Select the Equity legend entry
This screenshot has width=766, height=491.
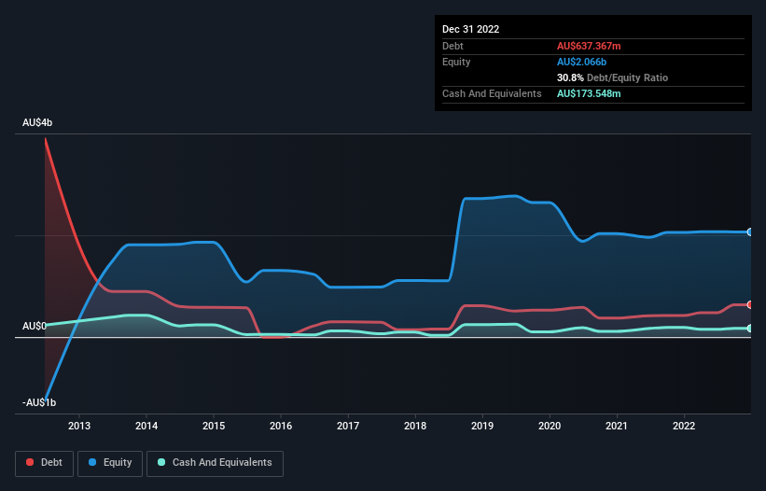point(109,463)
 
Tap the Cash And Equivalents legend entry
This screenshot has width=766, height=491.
point(215,463)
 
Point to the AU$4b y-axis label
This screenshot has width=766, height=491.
point(37,123)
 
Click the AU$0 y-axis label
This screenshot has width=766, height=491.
point(35,326)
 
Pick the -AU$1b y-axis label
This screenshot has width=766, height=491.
point(39,402)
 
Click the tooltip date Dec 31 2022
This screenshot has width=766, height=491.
point(471,29)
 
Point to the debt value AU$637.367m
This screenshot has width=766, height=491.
point(589,46)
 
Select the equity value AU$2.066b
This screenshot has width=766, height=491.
point(582,62)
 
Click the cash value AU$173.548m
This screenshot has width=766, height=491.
point(589,94)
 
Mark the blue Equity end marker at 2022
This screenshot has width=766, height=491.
point(750,231)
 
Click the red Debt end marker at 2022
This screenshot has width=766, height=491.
point(750,304)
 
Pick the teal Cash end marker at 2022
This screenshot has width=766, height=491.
point(750,329)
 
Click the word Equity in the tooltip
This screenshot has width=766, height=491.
point(456,62)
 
